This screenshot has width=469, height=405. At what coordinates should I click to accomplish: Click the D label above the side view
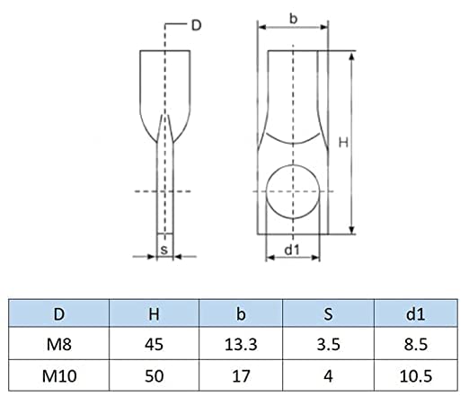[196, 25]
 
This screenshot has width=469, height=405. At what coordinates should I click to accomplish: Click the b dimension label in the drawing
[294, 19]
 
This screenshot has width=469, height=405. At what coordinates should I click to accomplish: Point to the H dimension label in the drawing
[343, 143]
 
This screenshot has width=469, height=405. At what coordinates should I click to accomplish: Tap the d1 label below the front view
[292, 250]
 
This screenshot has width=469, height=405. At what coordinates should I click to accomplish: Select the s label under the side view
[164, 250]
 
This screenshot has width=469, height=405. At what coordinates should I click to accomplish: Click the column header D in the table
[59, 314]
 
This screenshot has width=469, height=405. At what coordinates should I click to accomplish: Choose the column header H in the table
[154, 314]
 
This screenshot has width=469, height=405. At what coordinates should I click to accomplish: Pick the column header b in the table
[241, 314]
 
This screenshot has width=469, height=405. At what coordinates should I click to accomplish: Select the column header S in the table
[328, 314]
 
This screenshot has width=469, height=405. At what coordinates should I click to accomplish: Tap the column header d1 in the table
[415, 314]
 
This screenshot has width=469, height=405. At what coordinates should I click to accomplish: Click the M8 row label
[59, 345]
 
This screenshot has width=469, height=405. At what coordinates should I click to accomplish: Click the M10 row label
[59, 376]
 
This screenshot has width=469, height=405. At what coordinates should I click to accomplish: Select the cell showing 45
[154, 345]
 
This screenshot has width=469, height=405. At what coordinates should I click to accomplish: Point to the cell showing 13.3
[241, 345]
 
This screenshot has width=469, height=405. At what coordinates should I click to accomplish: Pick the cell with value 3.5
[328, 345]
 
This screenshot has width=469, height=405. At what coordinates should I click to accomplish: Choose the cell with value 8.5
[416, 345]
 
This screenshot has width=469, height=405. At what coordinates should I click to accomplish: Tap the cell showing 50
[154, 376]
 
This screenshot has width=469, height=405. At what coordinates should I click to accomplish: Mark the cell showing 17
[241, 376]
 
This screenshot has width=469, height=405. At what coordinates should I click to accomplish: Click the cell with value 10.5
[416, 376]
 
